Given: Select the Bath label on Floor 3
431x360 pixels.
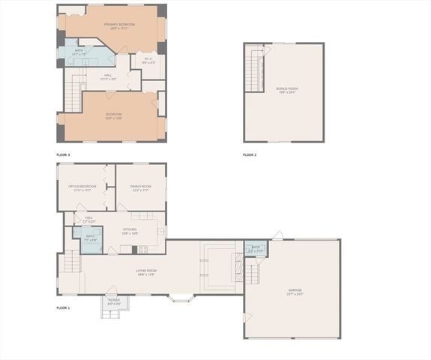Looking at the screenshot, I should click(x=79, y=52).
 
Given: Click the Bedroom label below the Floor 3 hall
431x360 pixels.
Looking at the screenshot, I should click(x=114, y=115).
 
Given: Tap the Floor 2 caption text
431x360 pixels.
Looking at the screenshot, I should click(x=250, y=154).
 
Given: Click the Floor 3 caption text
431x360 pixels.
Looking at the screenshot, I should click(x=63, y=154).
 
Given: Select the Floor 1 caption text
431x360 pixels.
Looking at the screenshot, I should click(x=63, y=308).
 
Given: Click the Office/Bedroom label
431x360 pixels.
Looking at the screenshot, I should click(x=82, y=188).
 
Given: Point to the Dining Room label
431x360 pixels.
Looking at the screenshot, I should click(x=140, y=188).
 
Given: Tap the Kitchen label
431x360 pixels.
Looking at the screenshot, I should click(x=130, y=231).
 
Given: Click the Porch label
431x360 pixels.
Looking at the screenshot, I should click(x=114, y=301).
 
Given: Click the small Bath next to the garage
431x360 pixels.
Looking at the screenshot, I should click(x=256, y=247).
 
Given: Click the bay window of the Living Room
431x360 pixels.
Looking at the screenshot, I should click(x=180, y=298).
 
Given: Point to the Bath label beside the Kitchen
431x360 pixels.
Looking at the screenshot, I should click(x=90, y=238).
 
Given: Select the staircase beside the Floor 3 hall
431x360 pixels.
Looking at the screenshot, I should click(x=71, y=93).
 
